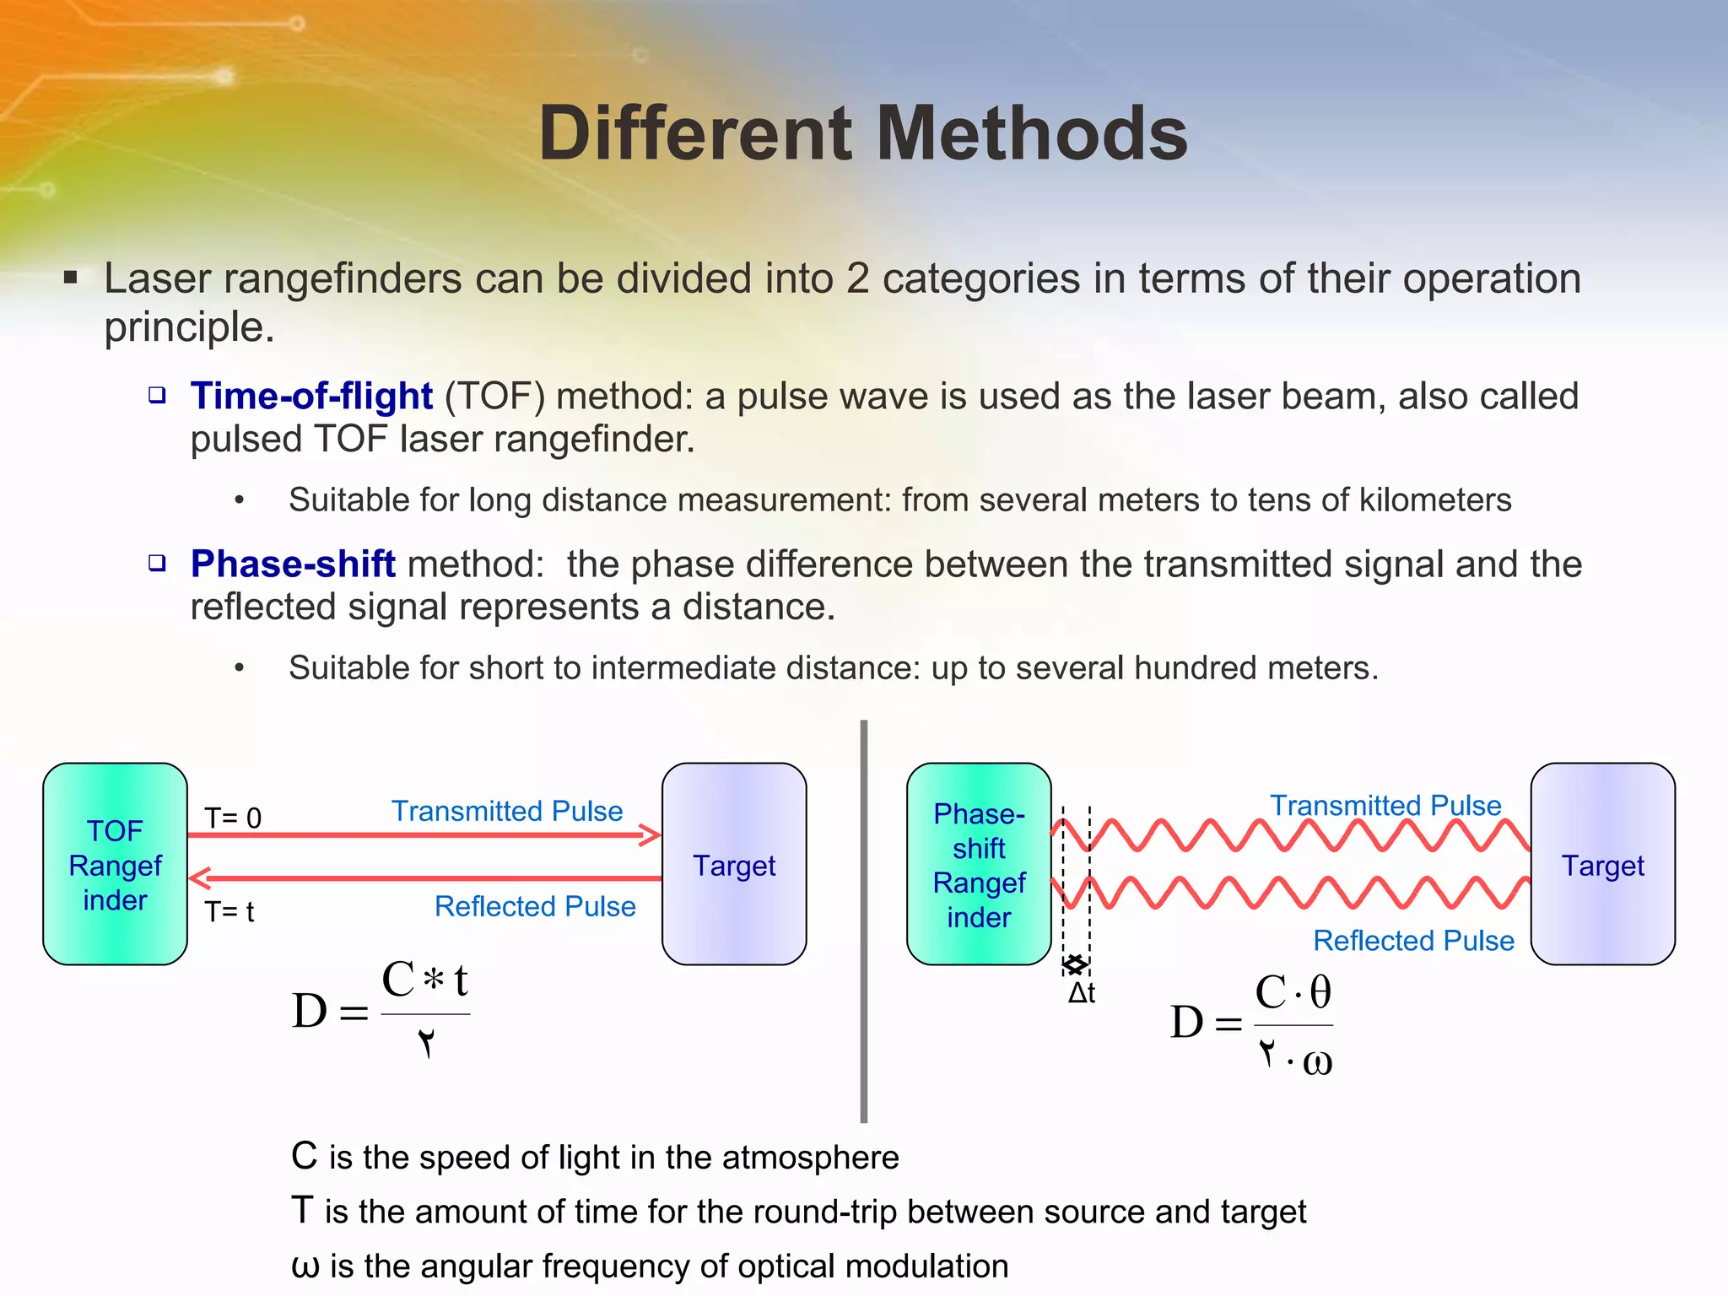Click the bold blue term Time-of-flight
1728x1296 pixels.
311,396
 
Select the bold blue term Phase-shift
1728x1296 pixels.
293,564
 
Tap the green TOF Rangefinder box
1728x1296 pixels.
115,864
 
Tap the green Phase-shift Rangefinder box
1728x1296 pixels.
979,864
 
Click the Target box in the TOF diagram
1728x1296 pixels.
734,864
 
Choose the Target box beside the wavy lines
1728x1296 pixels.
1602,864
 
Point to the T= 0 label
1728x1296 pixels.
233,818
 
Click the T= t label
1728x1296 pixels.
229,911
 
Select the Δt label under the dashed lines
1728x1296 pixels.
1082,993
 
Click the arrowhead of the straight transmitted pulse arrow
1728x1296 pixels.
651,835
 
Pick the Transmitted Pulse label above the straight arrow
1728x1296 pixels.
507,811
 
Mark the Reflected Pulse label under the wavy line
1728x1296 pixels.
1413,940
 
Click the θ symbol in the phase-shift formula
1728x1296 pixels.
1320,992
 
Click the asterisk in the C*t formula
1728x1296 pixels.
434,980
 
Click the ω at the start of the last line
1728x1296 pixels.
305,1266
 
